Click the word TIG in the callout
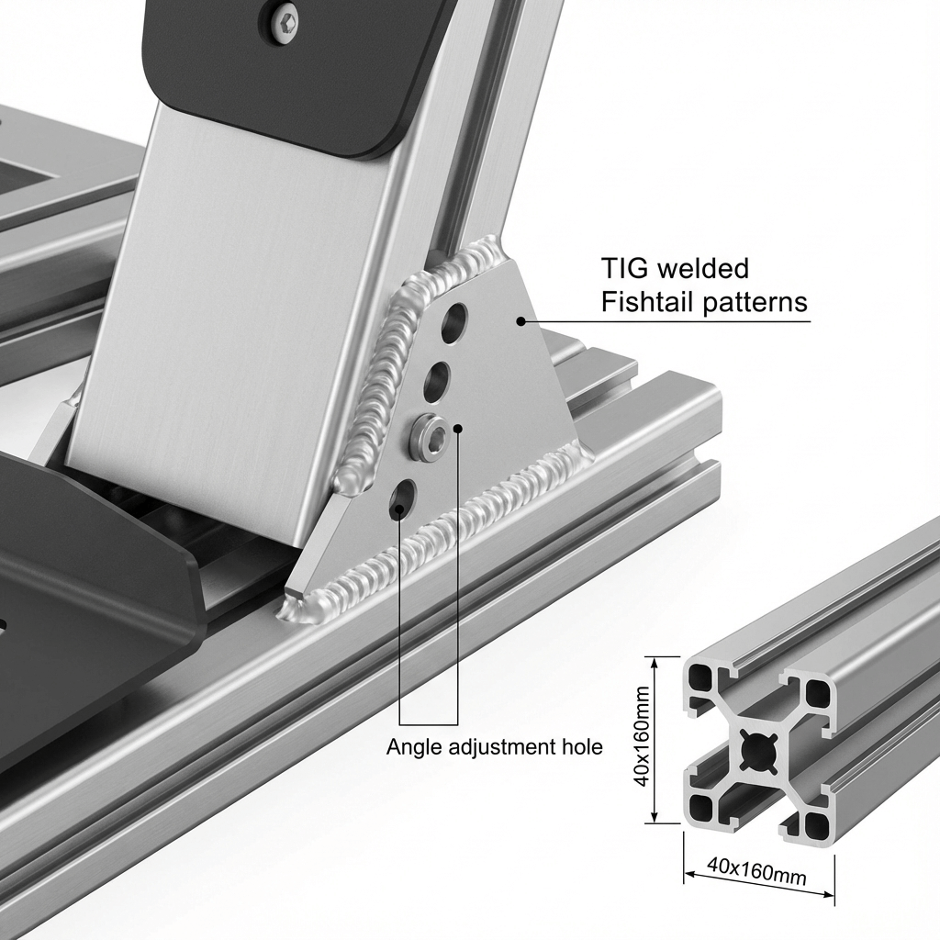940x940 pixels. click(625, 268)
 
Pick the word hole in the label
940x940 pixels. click(581, 747)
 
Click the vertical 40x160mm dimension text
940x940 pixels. click(642, 736)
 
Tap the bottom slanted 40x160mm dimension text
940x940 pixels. click(756, 871)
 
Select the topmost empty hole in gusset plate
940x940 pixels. click(454, 324)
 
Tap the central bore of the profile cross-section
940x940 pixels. click(758, 750)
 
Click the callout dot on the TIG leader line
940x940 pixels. click(520, 321)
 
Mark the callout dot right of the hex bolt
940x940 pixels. click(459, 428)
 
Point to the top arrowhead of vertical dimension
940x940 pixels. click(655, 661)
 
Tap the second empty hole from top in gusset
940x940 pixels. click(437, 382)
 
